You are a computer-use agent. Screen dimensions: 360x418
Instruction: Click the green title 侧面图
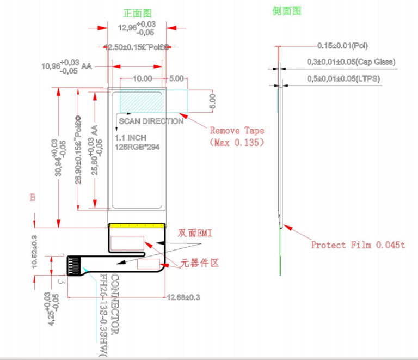tap(287, 10)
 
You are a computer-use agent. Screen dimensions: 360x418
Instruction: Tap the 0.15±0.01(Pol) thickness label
tap(346, 46)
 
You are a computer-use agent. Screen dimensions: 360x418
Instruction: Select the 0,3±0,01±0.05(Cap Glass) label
tap(351, 62)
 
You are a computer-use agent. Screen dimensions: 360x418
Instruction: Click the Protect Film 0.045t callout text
tap(358, 245)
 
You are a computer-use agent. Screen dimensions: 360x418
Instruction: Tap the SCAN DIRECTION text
tap(151, 121)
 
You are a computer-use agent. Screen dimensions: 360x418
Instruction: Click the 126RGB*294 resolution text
tap(137, 147)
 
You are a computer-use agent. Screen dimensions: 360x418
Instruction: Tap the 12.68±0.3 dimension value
tap(183, 297)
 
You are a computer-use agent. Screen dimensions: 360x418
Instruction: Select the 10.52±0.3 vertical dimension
tap(34, 252)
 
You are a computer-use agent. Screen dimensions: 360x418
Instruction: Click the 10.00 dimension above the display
tap(143, 78)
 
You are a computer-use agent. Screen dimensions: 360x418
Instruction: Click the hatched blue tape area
tap(139, 102)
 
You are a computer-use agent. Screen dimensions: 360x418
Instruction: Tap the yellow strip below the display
tap(137, 225)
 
